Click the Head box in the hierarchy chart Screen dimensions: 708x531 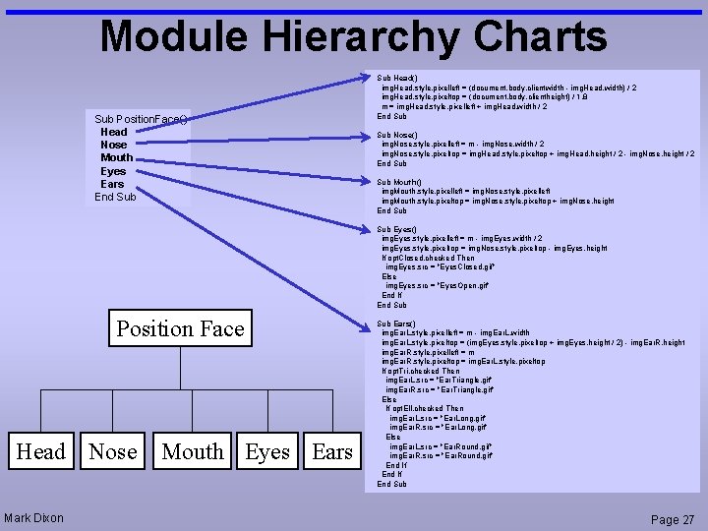click(x=41, y=451)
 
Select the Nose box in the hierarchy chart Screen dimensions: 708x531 click(x=113, y=451)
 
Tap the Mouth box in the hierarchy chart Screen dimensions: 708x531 click(x=193, y=451)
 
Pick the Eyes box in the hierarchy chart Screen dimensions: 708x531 click(x=267, y=451)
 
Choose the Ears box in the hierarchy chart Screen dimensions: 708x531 click(x=331, y=451)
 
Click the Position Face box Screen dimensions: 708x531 click(x=180, y=328)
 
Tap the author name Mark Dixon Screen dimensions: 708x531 click(x=33, y=518)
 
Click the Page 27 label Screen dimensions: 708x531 click(x=673, y=519)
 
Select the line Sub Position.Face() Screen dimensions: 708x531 click(x=141, y=119)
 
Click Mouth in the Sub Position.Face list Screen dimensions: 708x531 click(x=116, y=157)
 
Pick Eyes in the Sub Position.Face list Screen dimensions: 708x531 click(x=113, y=171)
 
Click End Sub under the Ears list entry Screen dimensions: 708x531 click(x=115, y=197)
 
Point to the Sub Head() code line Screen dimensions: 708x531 click(x=397, y=77)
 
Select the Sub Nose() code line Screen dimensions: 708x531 click(x=397, y=135)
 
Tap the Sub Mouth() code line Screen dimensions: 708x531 click(x=399, y=182)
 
